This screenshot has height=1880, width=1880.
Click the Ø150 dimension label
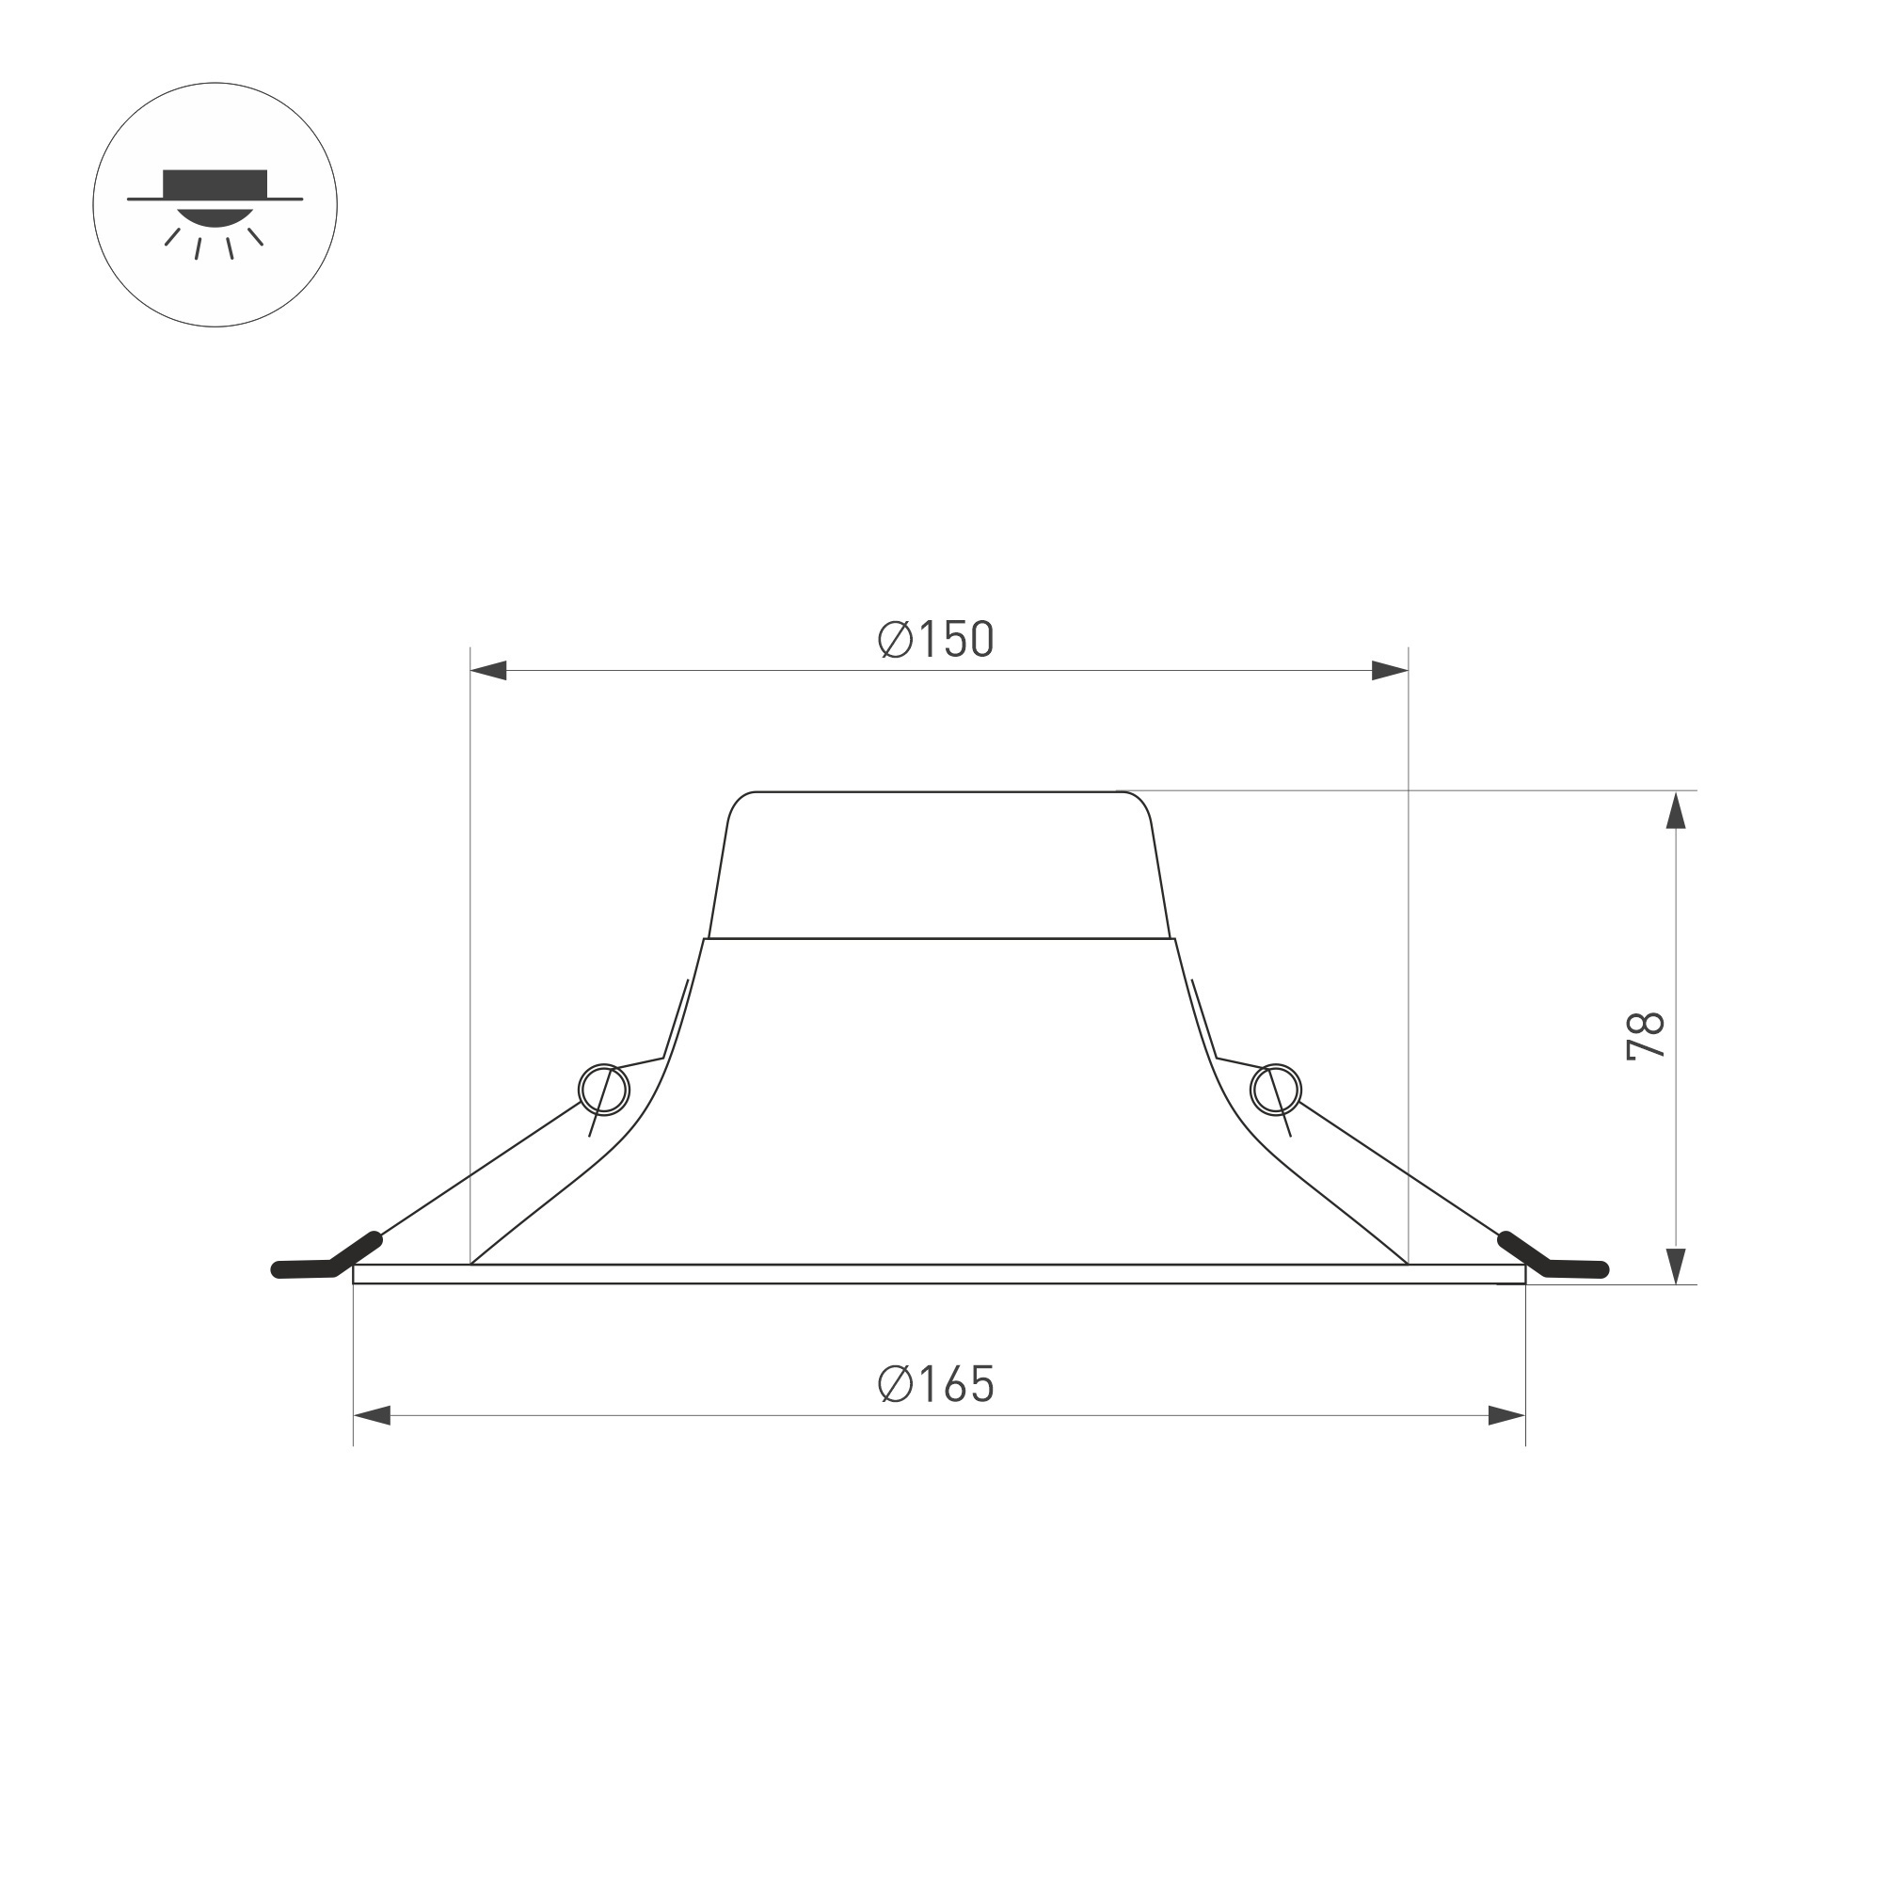(936, 639)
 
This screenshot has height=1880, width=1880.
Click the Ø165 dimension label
(936, 1384)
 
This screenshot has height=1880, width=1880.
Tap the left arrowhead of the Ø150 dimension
(488, 671)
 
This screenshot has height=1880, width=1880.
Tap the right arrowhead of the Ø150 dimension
(1390, 671)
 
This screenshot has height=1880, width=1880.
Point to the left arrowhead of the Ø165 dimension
(372, 1416)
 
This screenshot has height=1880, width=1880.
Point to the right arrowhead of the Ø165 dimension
(1506, 1416)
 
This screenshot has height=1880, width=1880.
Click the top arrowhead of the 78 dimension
(1676, 810)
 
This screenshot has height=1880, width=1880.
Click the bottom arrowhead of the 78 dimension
(1676, 1265)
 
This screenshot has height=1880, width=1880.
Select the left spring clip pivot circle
(603, 1089)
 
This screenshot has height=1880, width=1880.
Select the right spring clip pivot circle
(1276, 1089)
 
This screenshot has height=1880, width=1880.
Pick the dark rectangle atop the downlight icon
(215, 183)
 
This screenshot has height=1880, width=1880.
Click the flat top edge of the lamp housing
(939, 792)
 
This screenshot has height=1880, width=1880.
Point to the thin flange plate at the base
(939, 1274)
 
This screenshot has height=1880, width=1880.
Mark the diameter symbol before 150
(894, 639)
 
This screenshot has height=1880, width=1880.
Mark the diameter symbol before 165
(894, 1384)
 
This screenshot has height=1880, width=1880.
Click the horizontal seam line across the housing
(939, 939)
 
